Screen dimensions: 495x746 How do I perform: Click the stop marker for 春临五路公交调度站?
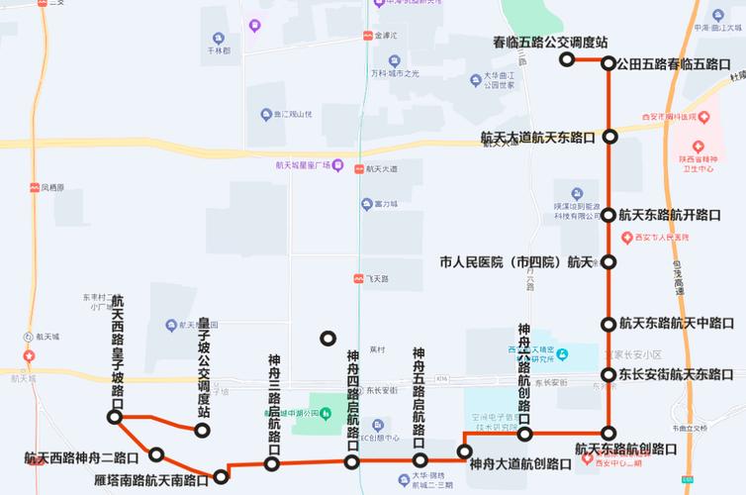click(x=567, y=59)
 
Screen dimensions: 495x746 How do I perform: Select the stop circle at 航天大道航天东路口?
click(x=610, y=137)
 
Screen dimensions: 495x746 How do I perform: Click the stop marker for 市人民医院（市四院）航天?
click(x=609, y=262)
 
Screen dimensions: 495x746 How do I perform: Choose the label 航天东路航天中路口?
click(x=676, y=323)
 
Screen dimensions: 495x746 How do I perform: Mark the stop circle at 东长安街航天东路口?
click(x=609, y=374)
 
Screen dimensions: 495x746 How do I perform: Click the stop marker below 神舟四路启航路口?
click(x=352, y=461)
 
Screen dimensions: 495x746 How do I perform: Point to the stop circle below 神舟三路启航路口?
click(x=272, y=463)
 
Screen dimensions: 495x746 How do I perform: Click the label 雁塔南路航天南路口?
click(x=151, y=481)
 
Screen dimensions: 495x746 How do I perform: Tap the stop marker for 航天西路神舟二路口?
click(x=156, y=454)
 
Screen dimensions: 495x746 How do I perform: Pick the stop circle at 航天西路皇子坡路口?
click(x=115, y=418)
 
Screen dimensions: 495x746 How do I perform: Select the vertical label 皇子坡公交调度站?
click(x=204, y=366)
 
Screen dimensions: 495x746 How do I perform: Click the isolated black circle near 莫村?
click(x=327, y=339)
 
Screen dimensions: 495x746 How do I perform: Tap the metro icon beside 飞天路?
click(x=359, y=280)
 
